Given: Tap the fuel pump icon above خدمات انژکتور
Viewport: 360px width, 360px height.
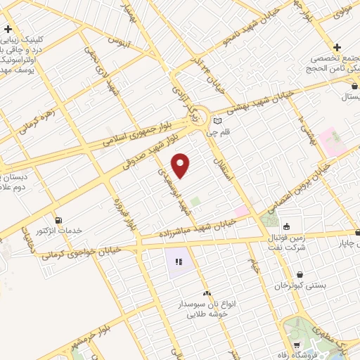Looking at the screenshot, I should (58, 219).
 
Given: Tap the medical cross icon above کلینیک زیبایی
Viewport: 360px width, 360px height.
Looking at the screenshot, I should (8, 30).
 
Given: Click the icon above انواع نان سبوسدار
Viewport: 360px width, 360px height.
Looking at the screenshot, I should (207, 292).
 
